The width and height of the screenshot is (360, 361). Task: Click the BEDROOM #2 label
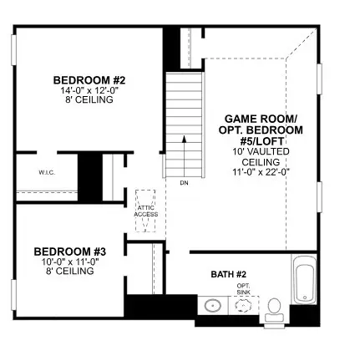pos(89,80)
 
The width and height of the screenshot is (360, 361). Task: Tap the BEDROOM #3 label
pos(70,252)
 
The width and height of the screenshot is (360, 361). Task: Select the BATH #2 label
pos(229,274)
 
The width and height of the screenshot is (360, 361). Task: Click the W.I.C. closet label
pos(47,173)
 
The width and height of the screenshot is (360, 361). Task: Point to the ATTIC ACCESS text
pos(146,211)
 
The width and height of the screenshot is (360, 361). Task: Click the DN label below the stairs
pos(184,183)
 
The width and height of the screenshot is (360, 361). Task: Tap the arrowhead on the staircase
pos(184,139)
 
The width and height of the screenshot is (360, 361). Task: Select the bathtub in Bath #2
pos(305,279)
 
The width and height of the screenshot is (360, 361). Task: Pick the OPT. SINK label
pos(244,289)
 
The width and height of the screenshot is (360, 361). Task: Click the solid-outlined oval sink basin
pos(213,305)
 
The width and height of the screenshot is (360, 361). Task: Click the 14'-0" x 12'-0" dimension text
pos(89,90)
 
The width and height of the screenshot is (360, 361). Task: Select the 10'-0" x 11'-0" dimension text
pos(70,262)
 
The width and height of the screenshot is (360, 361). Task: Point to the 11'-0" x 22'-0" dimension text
pos(261,172)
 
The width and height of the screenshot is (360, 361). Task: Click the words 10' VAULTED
pos(261,151)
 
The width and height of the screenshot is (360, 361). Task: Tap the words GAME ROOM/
pos(261,119)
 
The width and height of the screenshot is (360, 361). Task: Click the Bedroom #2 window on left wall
pos(13,50)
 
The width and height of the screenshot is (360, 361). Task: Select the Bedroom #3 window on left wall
pos(13,295)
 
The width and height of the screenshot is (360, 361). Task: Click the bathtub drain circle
pos(305,297)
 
